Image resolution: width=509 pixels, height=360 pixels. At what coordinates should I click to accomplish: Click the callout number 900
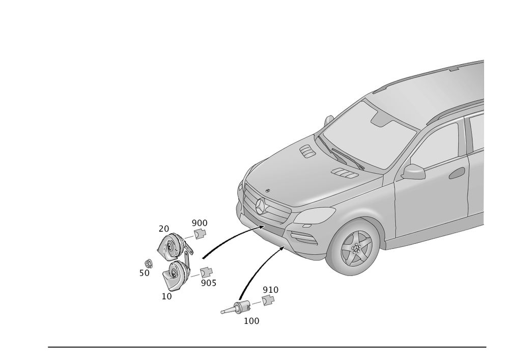tap(200, 223)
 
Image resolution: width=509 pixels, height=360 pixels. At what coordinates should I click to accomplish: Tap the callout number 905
tap(208, 283)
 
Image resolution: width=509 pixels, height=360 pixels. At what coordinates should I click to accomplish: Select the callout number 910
tap(271, 289)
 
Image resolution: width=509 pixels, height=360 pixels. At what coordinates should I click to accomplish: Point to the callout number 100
tap(251, 321)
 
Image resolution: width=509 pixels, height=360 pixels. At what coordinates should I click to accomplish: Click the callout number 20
tap(163, 228)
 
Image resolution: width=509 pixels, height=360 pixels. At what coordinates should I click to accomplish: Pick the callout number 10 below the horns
tap(166, 296)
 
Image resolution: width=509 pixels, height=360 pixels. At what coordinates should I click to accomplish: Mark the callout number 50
tap(144, 273)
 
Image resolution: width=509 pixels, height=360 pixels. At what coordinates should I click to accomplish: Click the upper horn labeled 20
tap(172, 247)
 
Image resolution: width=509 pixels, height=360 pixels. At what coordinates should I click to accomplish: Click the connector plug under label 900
tap(200, 234)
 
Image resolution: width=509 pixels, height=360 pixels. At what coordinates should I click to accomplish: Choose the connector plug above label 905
tap(205, 272)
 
